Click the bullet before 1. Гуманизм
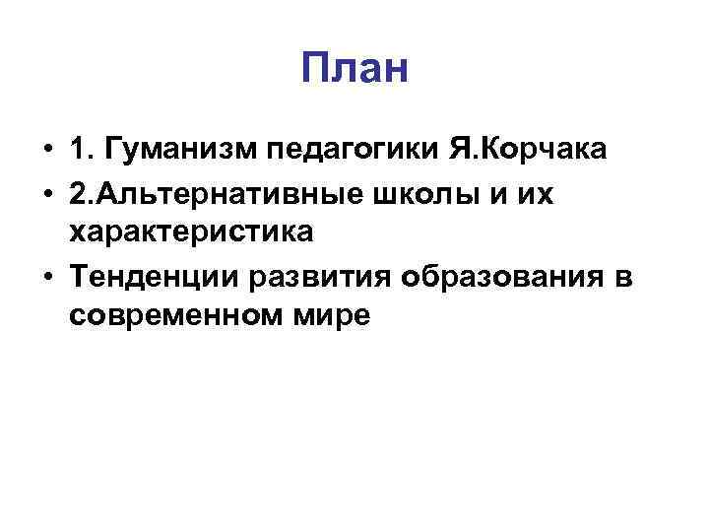point(47,153)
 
